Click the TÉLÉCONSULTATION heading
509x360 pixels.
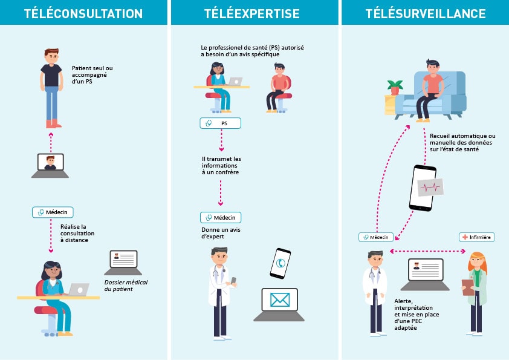point(83,13)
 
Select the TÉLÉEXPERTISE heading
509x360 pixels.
point(254,13)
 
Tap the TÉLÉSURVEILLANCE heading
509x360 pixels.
point(426,13)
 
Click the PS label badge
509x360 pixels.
point(220,123)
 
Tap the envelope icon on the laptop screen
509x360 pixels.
point(279,300)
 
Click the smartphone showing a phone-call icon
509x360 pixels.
point(280,263)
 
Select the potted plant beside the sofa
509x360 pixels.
point(396,87)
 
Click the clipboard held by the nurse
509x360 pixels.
point(468,287)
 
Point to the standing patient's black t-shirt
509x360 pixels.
point(51,74)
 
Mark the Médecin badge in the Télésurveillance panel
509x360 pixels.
point(376,237)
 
